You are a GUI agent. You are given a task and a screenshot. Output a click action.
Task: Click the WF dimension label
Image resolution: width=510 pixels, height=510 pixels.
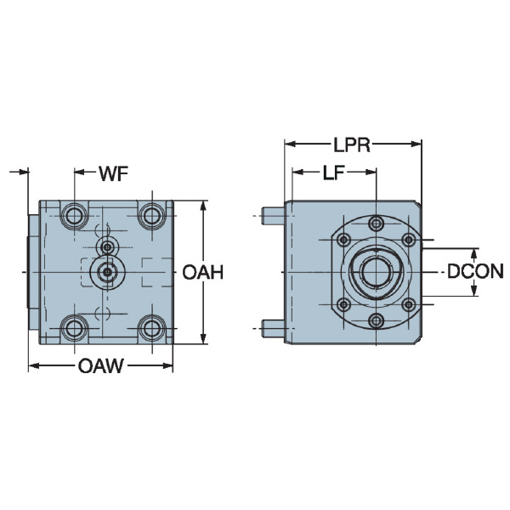113,173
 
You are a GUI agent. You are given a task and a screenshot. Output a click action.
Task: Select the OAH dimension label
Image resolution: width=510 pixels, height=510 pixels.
203,273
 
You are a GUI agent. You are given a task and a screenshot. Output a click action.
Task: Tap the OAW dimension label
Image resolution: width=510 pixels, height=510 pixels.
101,367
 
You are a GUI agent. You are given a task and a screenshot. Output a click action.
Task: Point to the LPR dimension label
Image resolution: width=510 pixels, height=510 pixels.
352,144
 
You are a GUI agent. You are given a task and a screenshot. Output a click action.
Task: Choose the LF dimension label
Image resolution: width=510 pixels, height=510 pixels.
334,173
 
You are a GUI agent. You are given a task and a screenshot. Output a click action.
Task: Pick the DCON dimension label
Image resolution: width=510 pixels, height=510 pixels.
475,272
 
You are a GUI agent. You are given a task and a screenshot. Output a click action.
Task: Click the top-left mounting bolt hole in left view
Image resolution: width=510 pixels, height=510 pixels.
74,215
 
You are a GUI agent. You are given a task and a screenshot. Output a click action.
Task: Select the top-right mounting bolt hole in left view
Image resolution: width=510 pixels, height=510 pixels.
151,215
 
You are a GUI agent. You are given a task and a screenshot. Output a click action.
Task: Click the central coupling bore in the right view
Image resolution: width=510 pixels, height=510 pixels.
376,273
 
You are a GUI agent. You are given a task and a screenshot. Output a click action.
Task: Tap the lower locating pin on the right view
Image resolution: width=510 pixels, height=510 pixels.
272,327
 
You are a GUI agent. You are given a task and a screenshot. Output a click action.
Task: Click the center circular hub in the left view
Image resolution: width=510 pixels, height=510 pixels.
106,272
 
